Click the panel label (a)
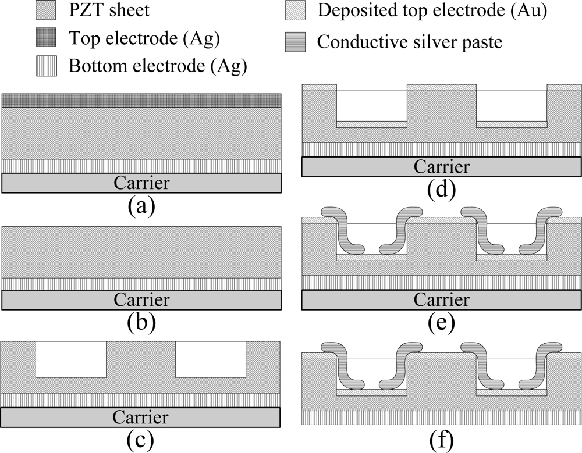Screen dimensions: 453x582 [141, 206]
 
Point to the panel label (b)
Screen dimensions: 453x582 [141, 323]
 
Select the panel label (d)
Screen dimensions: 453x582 [441, 188]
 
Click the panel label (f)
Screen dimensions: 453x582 [441, 440]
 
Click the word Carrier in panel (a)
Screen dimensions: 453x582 [142, 183]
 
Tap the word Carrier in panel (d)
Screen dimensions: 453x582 [441, 166]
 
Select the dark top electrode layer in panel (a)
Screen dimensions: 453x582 [142, 101]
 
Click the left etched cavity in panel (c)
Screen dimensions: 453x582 [71, 359]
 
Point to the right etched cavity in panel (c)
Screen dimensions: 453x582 [210, 359]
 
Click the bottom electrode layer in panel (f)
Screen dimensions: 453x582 [441, 418]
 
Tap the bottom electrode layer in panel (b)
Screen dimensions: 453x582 [142, 283]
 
